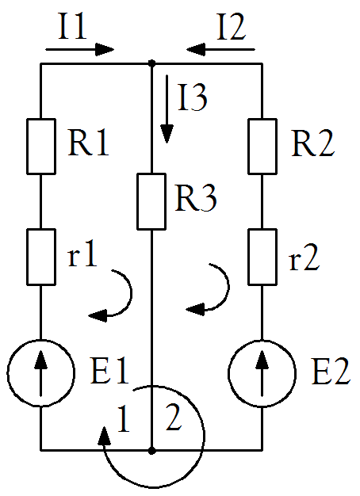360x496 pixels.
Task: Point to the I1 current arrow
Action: coord(80,49)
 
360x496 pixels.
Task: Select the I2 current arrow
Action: coord(220,49)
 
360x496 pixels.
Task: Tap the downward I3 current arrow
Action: coord(167,109)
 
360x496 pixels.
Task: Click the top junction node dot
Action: coord(152,63)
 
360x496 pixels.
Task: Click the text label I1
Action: coord(72,26)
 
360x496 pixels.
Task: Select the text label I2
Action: coord(232,26)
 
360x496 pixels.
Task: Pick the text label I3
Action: coord(193,97)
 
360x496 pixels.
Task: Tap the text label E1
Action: coord(109,370)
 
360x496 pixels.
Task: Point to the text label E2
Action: coord(331,371)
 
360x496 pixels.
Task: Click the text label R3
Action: coord(196,198)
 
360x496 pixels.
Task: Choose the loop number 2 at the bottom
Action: coord(174,418)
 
